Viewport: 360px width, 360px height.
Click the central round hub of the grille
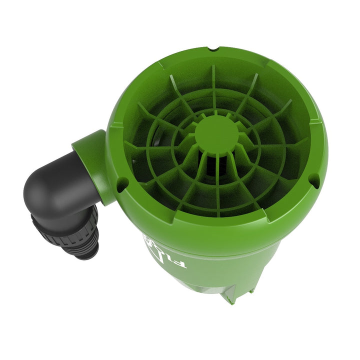click(x=216, y=133)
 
